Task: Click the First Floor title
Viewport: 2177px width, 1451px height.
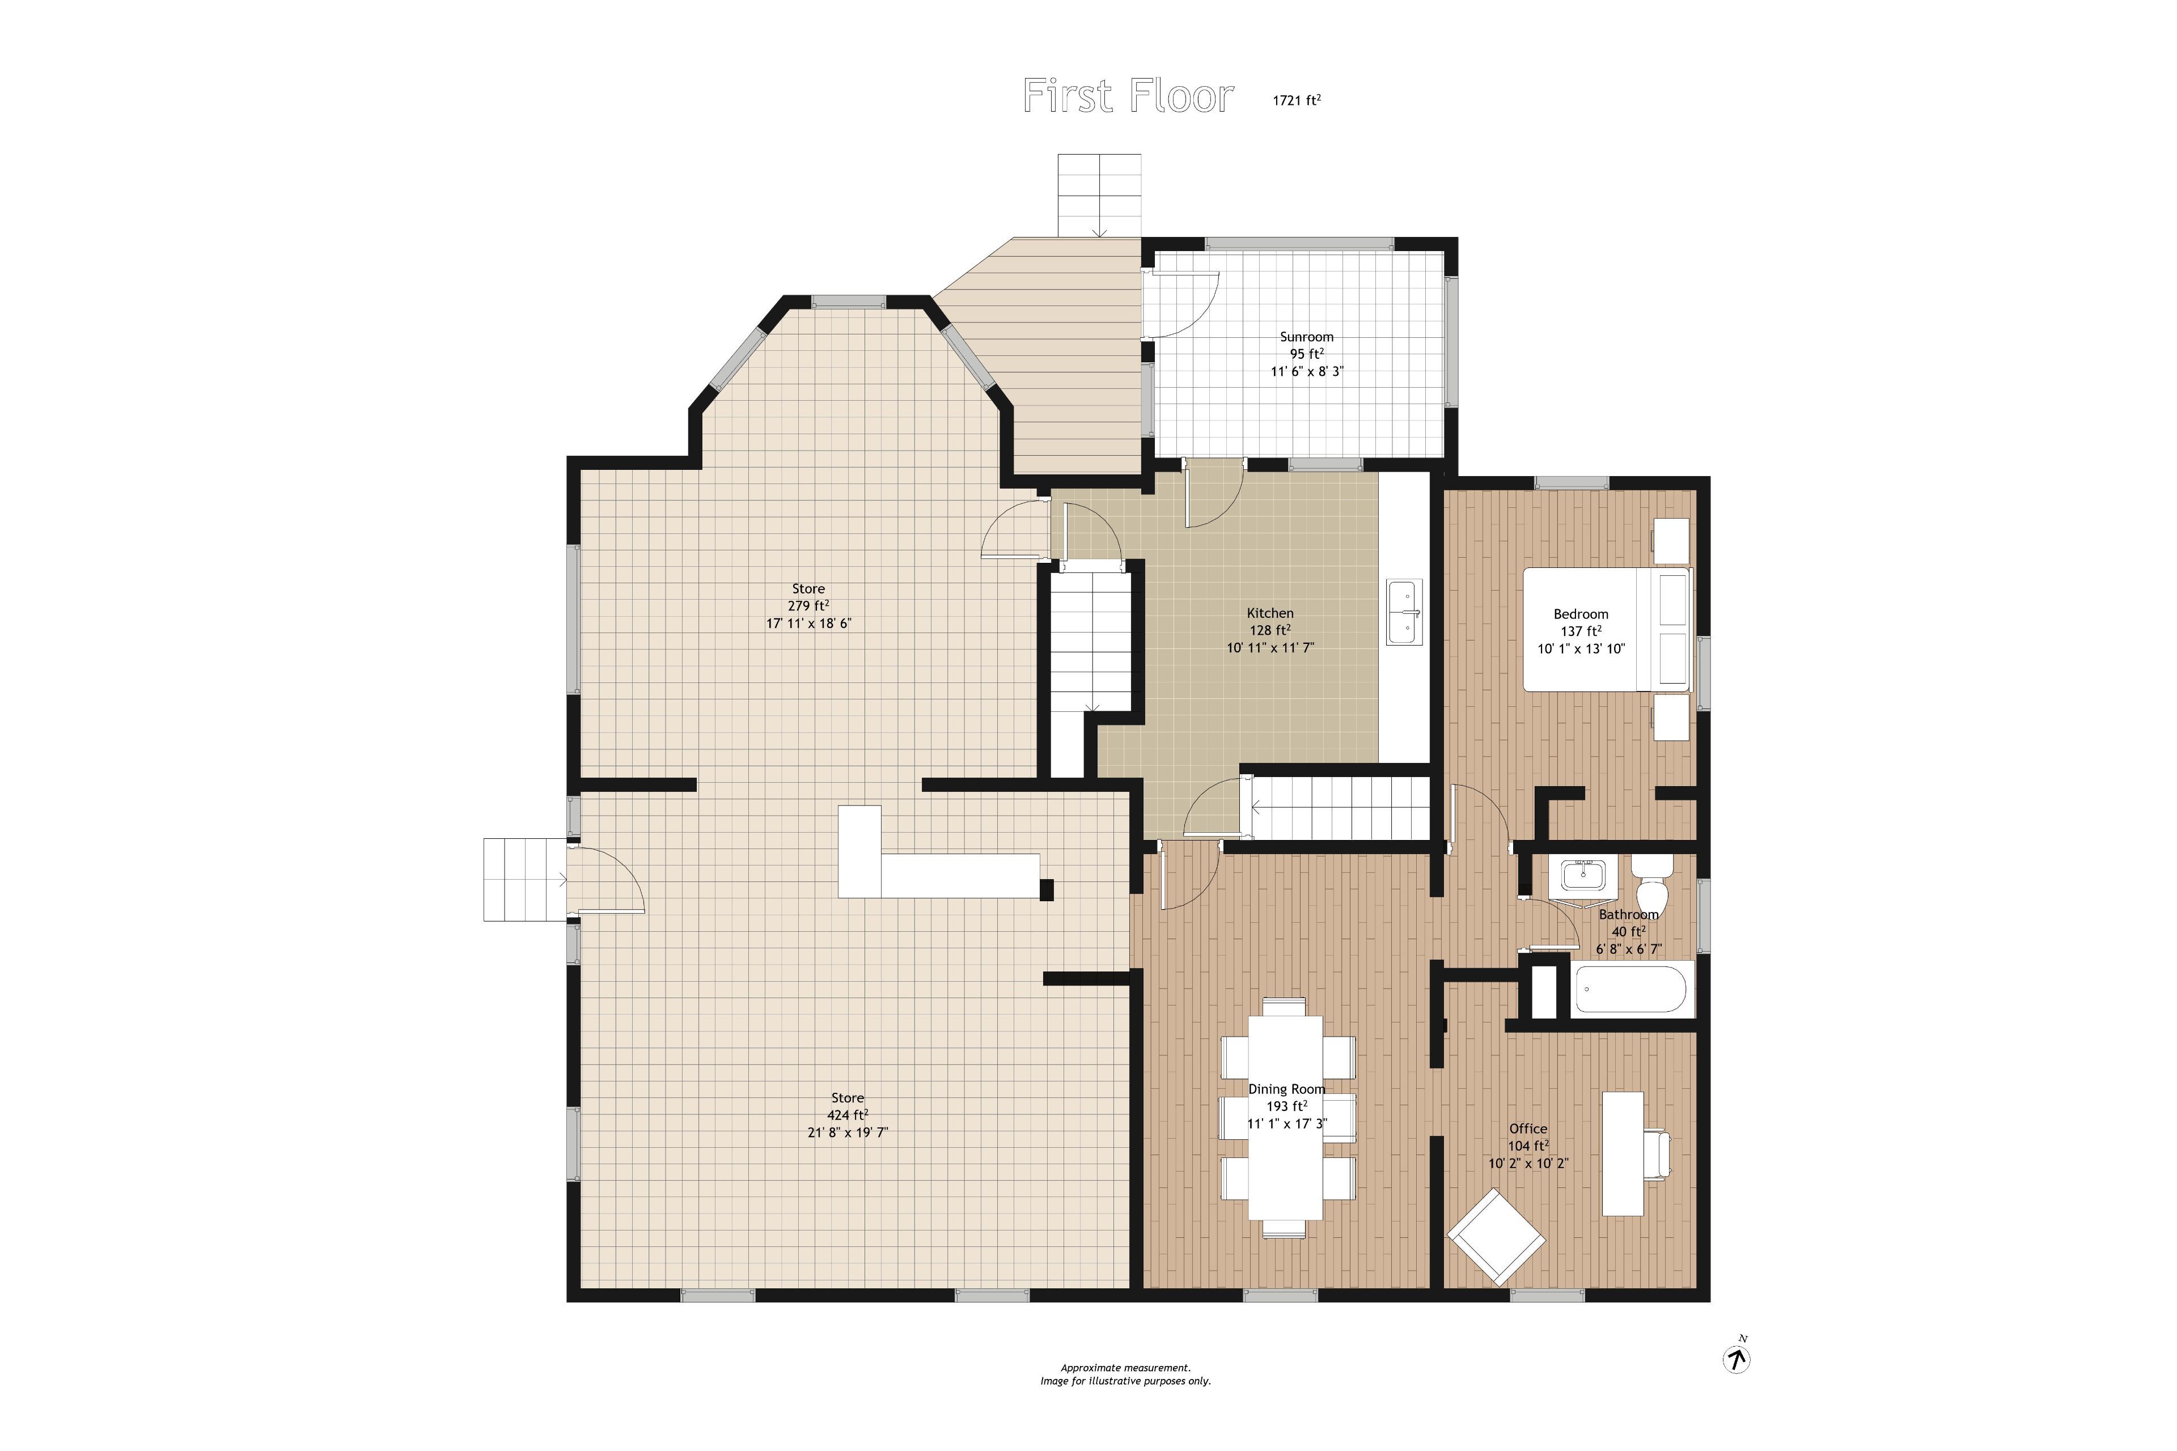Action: tap(1128, 96)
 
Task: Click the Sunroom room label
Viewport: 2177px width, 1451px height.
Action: tap(1307, 337)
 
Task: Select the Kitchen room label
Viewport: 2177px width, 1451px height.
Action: tap(1270, 613)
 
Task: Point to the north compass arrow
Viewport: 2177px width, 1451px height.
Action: tap(1736, 1359)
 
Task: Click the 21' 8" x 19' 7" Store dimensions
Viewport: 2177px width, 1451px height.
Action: tap(848, 1132)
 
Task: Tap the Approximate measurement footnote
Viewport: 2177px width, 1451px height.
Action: tap(1125, 1368)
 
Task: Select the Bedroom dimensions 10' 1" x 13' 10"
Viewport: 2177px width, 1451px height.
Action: tap(1582, 648)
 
